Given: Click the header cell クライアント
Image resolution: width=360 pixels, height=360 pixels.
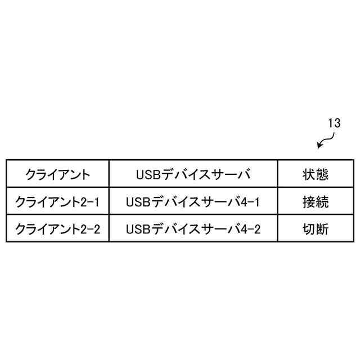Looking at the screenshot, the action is coord(57,174).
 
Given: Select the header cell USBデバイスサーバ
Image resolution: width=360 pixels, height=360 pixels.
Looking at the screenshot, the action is coord(193,174).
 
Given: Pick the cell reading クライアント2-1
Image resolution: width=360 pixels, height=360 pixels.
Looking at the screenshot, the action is coord(57,201).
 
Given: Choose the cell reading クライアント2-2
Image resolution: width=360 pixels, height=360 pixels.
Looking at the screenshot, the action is coord(57,229).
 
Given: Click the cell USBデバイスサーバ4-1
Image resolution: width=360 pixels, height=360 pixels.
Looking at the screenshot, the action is coord(193,201).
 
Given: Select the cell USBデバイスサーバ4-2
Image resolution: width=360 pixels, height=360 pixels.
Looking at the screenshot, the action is coord(193,229).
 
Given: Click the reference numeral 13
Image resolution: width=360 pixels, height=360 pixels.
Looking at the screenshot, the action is coord(334,123).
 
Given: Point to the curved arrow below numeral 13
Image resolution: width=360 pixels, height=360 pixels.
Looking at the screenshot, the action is coord(323,141).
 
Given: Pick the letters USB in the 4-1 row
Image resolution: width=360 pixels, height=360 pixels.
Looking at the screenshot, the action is coord(138,201).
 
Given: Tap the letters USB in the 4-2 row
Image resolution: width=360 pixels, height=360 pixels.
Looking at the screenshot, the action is coord(138,229).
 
